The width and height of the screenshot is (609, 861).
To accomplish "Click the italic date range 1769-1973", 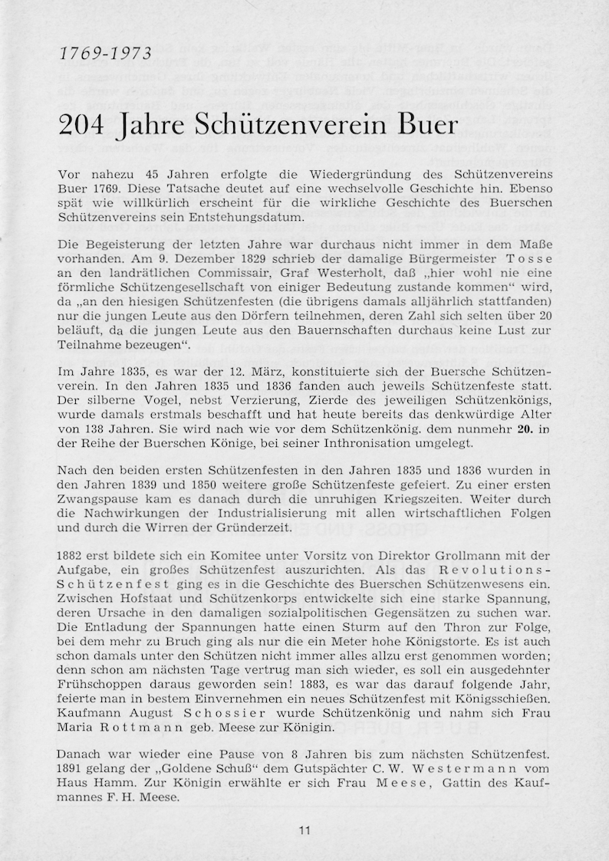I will click(x=105, y=54).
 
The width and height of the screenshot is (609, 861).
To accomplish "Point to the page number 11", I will click(x=304, y=830).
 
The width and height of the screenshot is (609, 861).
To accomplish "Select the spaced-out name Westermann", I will click(x=469, y=768).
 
